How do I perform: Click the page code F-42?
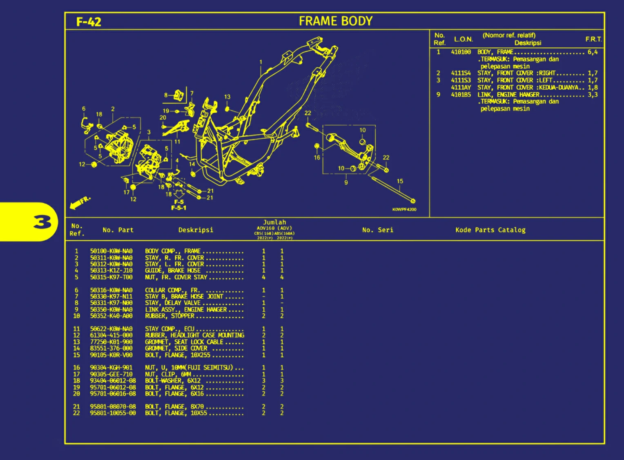[89, 22]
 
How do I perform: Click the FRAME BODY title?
[335, 21]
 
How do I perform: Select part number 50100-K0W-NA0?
[111, 251]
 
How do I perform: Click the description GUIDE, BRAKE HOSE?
[173, 271]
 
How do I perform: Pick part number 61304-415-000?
[111, 335]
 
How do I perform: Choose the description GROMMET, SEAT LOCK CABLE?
[184, 342]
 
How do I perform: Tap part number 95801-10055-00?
[113, 413]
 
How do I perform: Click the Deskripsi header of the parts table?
[196, 230]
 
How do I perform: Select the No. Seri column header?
[378, 230]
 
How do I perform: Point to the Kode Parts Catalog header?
[490, 230]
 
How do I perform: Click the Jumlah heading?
[274, 222]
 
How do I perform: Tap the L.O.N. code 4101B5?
[461, 95]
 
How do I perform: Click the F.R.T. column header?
[593, 39]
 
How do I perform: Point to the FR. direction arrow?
[79, 202]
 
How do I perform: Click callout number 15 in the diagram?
[400, 181]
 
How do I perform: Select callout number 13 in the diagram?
[227, 97]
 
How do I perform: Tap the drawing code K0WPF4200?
[404, 209]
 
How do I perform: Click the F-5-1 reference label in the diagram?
[178, 208]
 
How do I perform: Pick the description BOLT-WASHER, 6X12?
[173, 380]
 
